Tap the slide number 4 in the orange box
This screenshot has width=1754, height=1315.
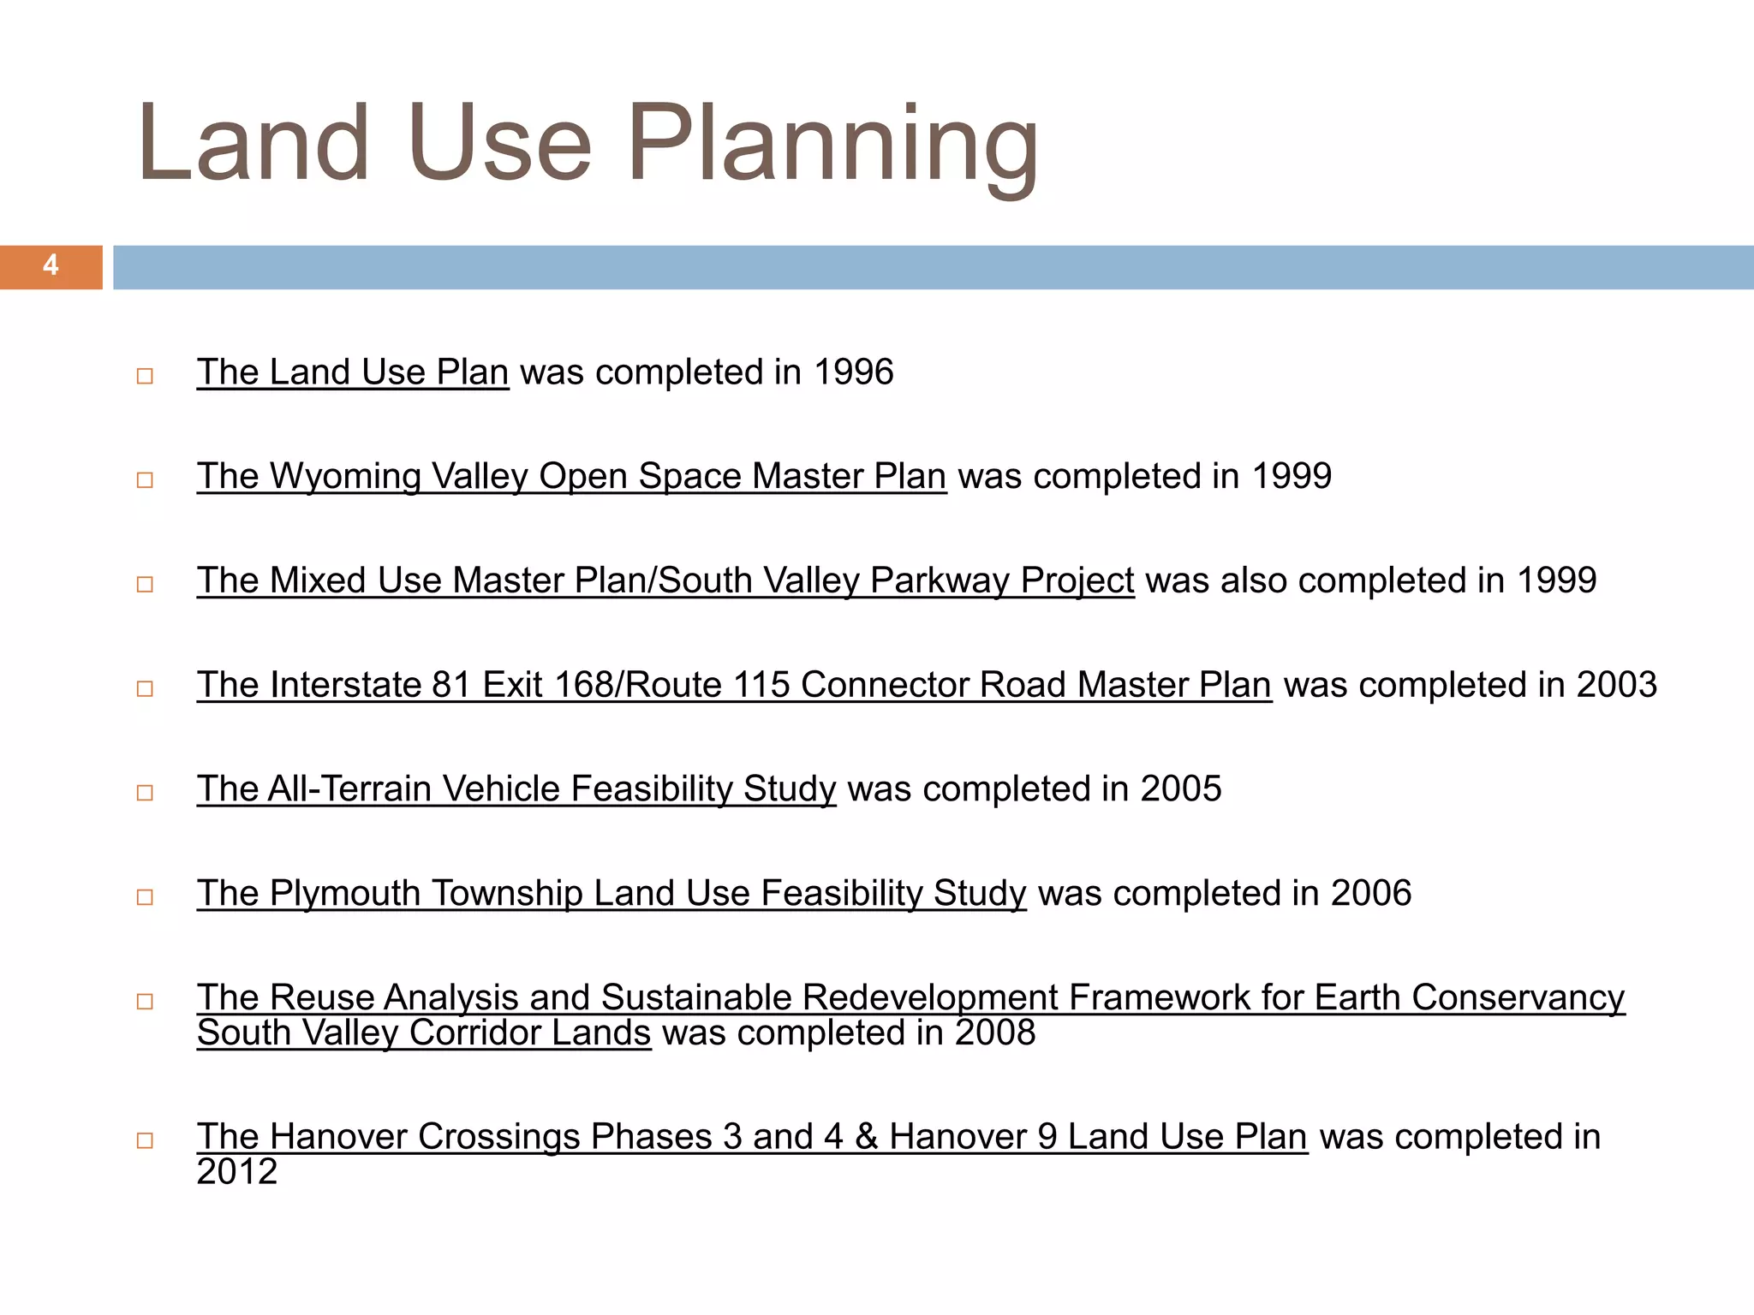click(51, 265)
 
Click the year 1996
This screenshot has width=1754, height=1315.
click(853, 372)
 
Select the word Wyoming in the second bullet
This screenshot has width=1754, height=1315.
click(345, 477)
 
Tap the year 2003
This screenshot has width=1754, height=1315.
click(1616, 685)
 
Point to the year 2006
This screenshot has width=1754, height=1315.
click(1370, 894)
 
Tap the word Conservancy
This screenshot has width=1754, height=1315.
click(1518, 997)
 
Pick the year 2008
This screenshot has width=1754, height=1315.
click(995, 1033)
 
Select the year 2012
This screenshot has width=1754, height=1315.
click(237, 1172)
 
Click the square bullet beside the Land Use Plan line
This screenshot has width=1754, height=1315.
click(145, 376)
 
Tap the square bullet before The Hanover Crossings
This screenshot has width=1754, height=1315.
click(145, 1140)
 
